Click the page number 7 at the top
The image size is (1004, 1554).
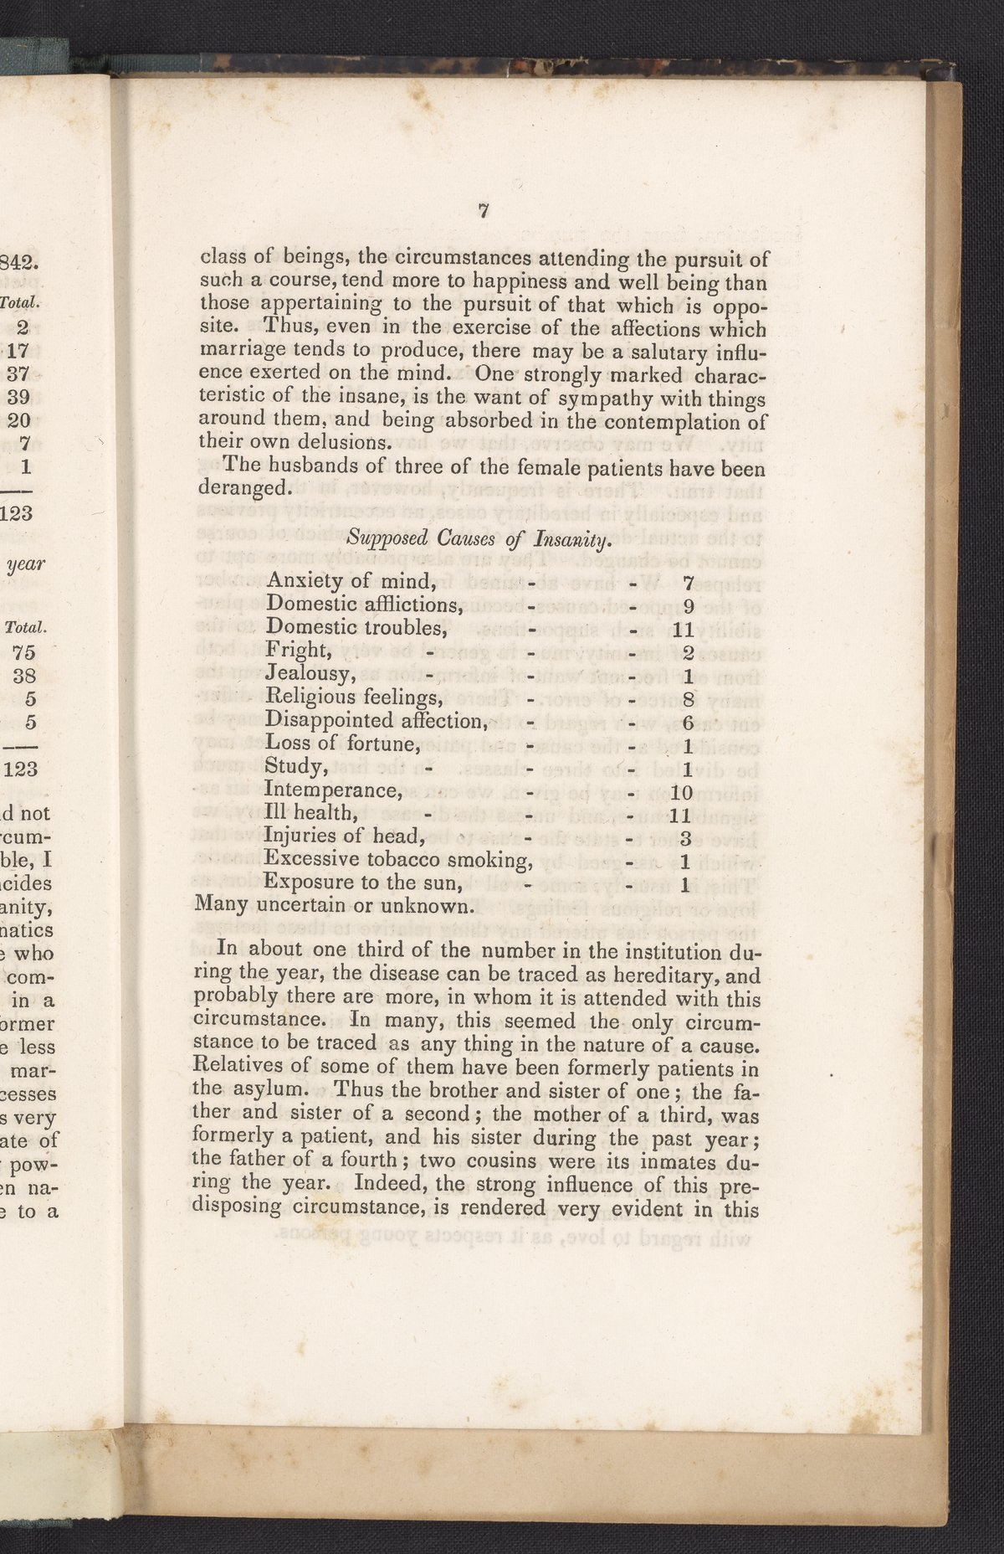[x=483, y=213]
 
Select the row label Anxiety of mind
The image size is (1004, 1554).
[x=351, y=580]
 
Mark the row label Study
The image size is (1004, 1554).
[x=295, y=766]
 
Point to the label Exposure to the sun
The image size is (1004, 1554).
[x=363, y=882]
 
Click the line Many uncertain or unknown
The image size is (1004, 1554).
[x=336, y=906]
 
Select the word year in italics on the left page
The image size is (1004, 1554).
[x=26, y=563]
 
